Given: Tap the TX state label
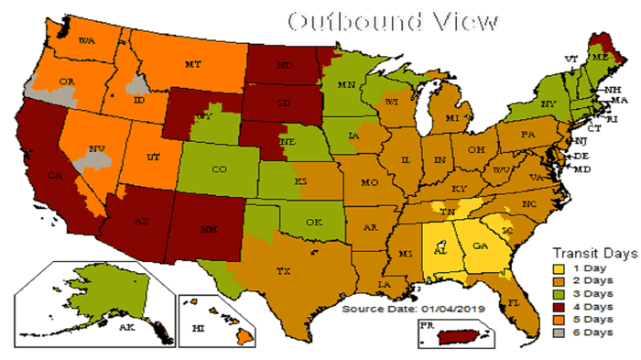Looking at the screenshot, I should pyautogui.click(x=284, y=271).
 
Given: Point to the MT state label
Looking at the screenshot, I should pyautogui.click(x=192, y=64).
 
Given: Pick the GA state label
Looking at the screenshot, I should pyautogui.click(x=480, y=245).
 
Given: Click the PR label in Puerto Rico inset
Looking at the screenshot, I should pyautogui.click(x=425, y=324).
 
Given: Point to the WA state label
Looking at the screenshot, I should pyautogui.click(x=87, y=41).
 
